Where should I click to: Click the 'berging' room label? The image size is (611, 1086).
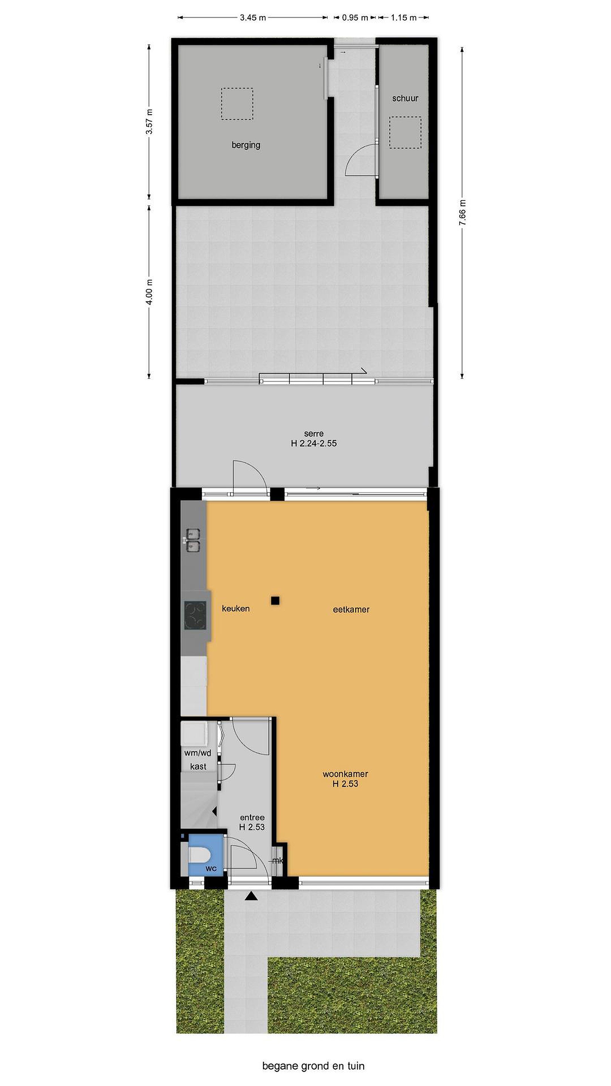tap(246, 145)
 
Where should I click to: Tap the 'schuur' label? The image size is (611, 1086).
tap(405, 98)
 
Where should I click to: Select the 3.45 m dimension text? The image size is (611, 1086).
tap(253, 18)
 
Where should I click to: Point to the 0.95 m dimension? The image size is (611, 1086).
tap(355, 18)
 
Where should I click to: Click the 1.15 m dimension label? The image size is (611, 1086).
tap(404, 18)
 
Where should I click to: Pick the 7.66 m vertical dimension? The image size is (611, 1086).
tap(462, 212)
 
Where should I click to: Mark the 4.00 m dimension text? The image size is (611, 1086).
tap(149, 292)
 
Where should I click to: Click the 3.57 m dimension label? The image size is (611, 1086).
tap(149, 121)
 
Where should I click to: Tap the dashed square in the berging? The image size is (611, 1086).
tap(237, 104)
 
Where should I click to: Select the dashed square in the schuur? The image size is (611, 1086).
tap(405, 132)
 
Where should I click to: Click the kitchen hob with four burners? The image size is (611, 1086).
tap(195, 615)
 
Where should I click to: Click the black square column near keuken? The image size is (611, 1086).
tap(275, 601)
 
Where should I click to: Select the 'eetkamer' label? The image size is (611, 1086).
tap(351, 609)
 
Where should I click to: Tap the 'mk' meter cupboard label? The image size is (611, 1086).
tap(278, 861)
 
